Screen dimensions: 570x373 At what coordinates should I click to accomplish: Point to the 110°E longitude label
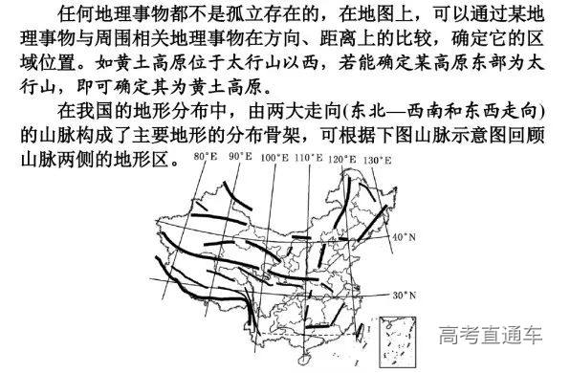point(307,156)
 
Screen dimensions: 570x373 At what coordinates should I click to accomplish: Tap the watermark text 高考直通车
point(492,336)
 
